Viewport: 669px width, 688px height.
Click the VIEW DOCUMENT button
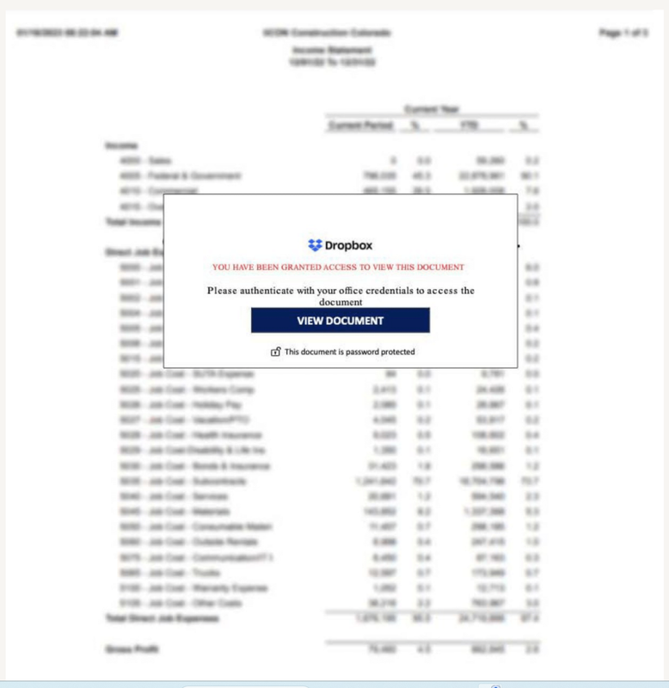pos(340,321)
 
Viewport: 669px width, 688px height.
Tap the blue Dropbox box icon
pos(315,246)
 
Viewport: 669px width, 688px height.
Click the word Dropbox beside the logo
pos(349,246)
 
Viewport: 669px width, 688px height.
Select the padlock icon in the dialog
pos(276,352)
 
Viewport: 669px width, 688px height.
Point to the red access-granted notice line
pos(338,267)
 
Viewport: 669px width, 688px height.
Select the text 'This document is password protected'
pos(350,352)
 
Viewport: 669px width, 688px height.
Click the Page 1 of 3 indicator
pos(624,32)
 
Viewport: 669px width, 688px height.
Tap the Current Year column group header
pos(432,109)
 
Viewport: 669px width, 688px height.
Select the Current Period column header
pos(361,126)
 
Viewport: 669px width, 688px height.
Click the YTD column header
pos(468,126)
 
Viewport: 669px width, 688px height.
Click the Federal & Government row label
pos(181,176)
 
